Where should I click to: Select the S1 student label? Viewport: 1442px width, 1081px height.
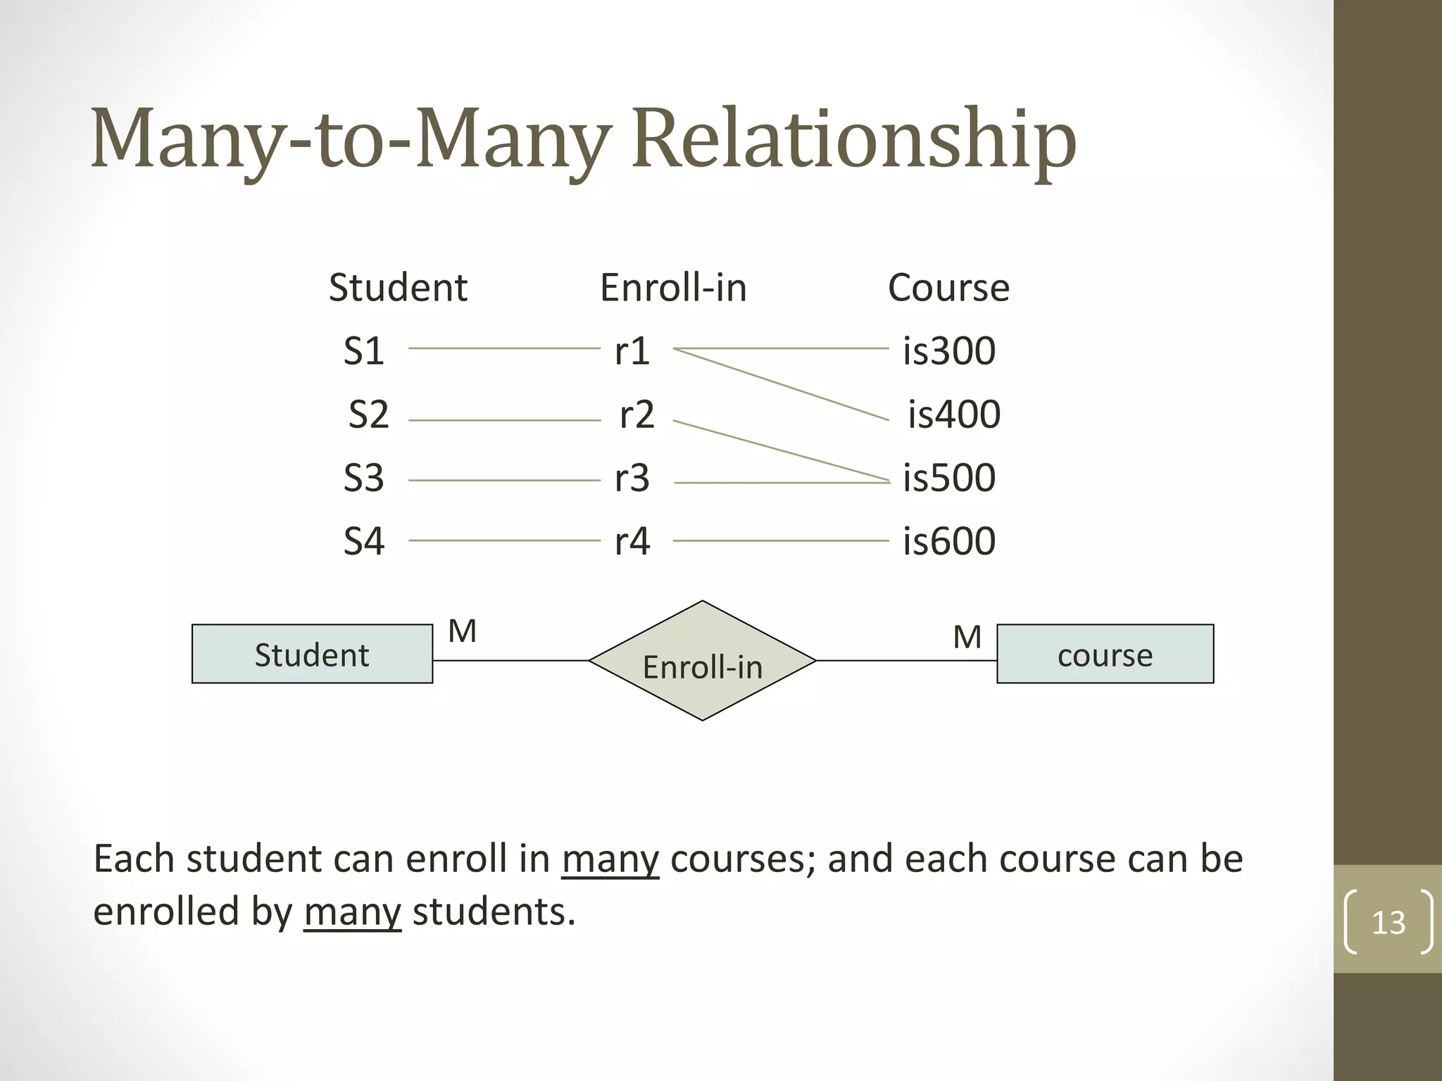(x=363, y=350)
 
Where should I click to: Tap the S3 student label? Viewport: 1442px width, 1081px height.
(x=363, y=478)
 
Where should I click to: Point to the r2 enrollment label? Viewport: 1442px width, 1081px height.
(x=637, y=415)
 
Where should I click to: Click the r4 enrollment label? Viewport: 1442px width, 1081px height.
(x=632, y=541)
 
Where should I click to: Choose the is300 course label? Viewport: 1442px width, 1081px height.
(x=948, y=350)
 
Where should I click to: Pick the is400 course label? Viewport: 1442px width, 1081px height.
(x=953, y=415)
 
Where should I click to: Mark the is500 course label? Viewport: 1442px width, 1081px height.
(x=948, y=478)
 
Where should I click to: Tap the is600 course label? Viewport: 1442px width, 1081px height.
(x=948, y=541)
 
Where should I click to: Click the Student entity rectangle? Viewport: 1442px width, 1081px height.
(x=312, y=654)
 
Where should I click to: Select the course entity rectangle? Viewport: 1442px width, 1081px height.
(x=1105, y=654)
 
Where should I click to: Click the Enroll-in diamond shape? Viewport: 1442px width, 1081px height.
(x=702, y=660)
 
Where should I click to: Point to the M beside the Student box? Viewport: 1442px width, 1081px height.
(x=463, y=631)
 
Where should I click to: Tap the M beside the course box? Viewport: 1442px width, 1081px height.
(x=967, y=638)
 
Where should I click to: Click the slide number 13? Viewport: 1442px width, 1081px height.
(x=1388, y=923)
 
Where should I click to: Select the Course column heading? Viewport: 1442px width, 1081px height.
(x=948, y=288)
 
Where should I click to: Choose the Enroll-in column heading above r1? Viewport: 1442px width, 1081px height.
(x=673, y=288)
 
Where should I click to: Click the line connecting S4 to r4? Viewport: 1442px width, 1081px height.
(x=504, y=540)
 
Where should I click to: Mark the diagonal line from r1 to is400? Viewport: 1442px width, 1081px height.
(x=782, y=384)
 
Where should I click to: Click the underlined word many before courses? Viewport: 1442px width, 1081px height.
(x=610, y=859)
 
